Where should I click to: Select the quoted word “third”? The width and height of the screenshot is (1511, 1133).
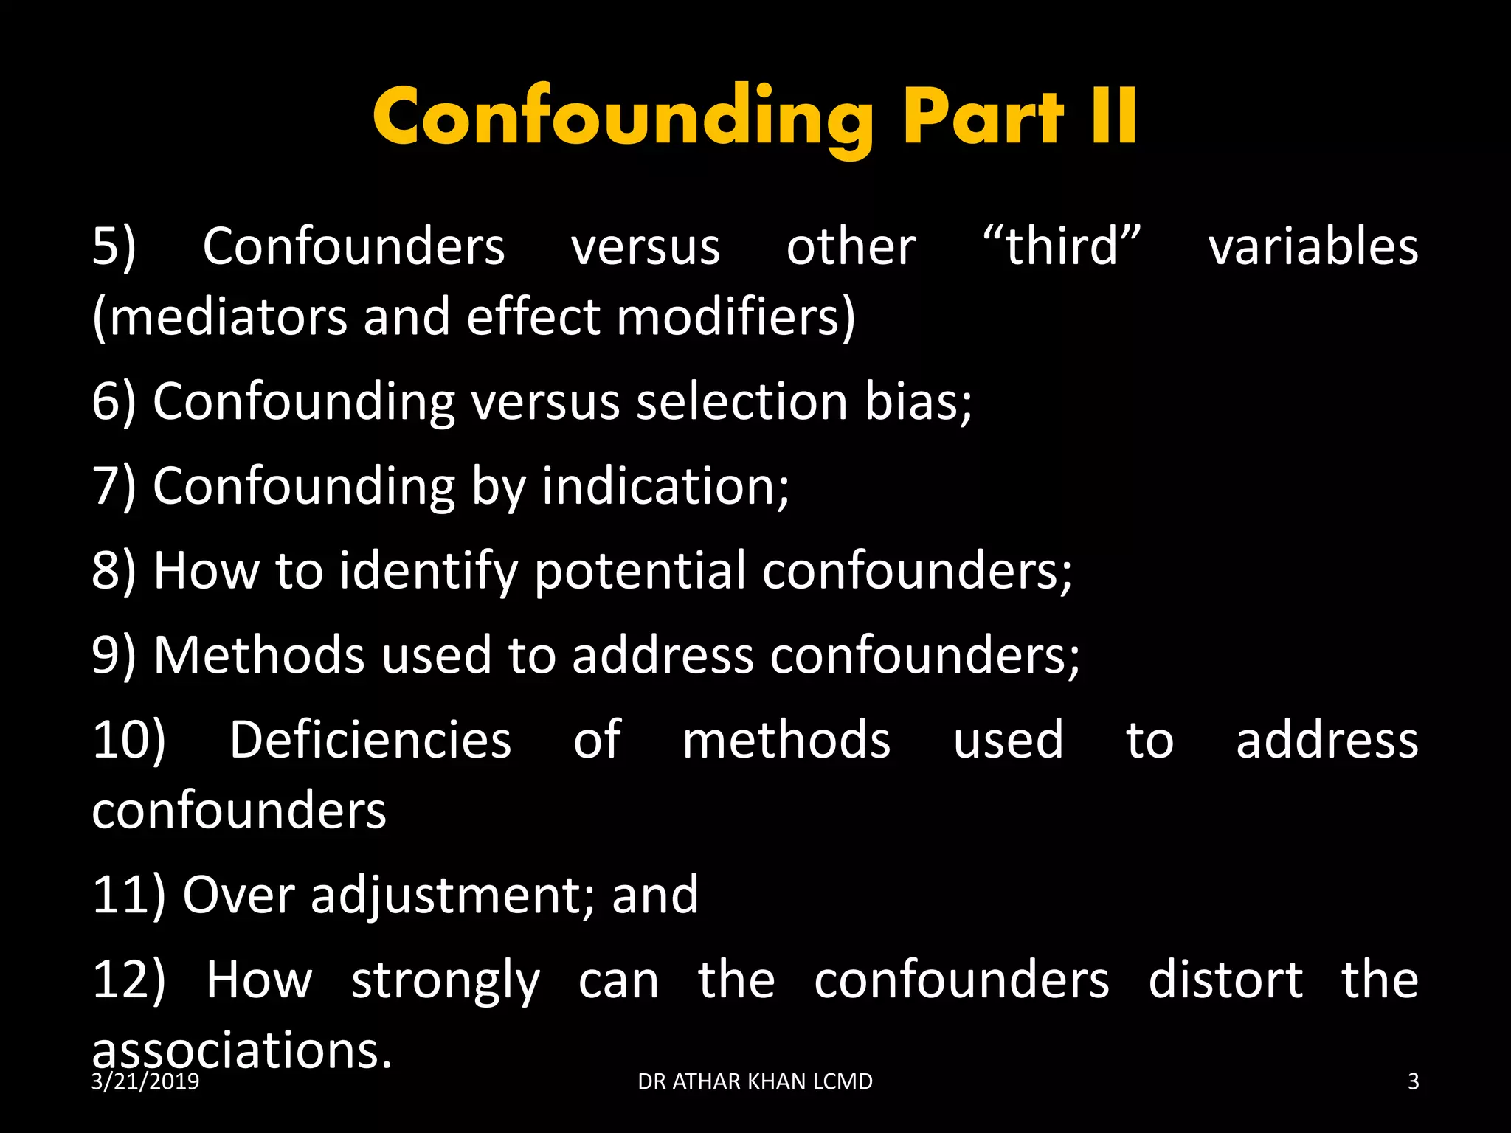tap(1062, 246)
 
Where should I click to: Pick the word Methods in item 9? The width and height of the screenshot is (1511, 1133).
tap(258, 655)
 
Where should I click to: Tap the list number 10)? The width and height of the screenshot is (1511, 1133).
tap(128, 740)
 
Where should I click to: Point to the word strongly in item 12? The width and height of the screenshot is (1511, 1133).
tap(446, 981)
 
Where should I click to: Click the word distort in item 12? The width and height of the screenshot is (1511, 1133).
tap(1225, 981)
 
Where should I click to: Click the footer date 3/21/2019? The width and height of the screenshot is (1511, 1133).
tap(145, 1082)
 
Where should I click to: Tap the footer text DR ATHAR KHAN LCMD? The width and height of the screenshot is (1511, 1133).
tap(755, 1082)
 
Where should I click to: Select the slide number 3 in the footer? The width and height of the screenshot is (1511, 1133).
tap(1413, 1082)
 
